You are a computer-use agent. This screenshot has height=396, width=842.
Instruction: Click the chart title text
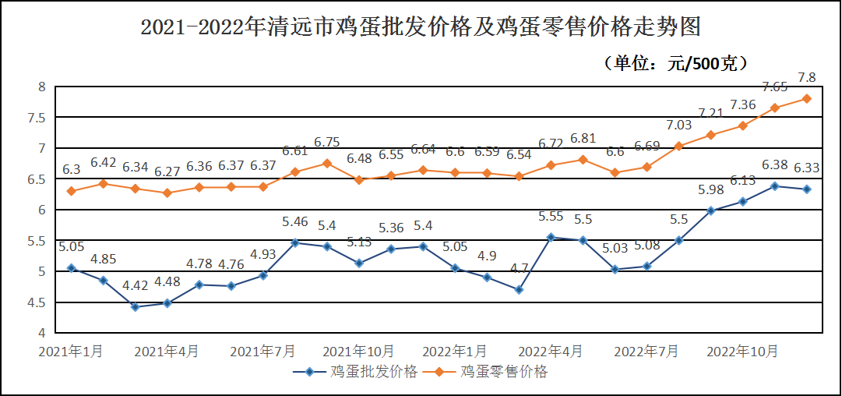421,29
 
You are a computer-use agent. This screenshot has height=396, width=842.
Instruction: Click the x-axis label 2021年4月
166,352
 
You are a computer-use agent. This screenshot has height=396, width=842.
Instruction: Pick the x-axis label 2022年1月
455,352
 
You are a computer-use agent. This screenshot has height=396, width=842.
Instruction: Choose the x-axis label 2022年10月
742,352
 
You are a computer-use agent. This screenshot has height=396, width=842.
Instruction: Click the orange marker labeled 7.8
807,98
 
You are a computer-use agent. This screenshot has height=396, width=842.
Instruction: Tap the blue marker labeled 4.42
135,307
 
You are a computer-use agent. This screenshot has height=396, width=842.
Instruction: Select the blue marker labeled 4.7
519,290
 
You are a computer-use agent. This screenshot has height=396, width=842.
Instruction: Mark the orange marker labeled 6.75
327,163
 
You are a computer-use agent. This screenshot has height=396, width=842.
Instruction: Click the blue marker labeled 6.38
775,186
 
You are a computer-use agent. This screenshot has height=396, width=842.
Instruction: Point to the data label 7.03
678,125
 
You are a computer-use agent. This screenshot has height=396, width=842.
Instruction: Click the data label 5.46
295,223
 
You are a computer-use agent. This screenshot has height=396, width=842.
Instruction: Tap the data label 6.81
583,139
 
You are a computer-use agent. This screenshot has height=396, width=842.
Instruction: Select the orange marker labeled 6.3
71,191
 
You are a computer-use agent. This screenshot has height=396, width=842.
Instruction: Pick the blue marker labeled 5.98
711,210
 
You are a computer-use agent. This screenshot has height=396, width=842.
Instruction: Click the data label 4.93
263,254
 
